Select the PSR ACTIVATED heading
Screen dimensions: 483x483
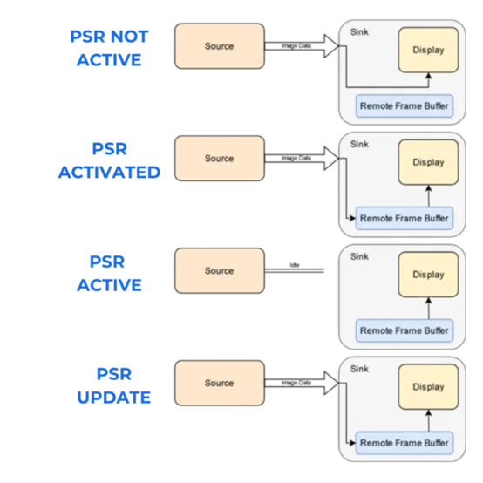[109, 160]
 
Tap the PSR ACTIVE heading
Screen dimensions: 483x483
[108, 273]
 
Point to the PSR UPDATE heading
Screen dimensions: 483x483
[113, 385]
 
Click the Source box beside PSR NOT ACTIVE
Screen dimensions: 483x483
[219, 46]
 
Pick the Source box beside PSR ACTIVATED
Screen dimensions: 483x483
[219, 159]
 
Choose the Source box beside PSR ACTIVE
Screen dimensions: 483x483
[219, 270]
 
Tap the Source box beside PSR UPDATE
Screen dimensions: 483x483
[219, 383]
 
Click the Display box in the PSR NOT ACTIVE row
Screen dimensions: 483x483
[428, 51]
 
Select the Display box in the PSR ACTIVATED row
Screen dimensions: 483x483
[428, 162]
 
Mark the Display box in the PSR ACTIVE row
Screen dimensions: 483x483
[428, 275]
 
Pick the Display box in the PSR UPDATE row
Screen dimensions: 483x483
[428, 387]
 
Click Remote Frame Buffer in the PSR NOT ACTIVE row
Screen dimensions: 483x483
[405, 106]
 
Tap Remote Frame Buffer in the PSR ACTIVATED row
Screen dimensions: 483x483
[405, 219]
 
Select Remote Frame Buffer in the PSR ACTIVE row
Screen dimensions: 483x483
[405, 331]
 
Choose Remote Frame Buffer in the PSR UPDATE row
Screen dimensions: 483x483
[405, 443]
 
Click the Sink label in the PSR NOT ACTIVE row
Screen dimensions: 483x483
[358, 32]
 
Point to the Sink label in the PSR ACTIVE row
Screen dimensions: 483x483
[358, 256]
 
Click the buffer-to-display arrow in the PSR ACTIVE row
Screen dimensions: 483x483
[428, 308]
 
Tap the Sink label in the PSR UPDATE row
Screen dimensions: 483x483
[358, 369]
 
